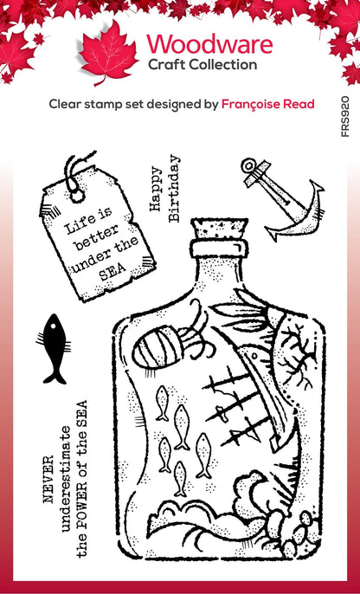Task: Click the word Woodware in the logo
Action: [209, 44]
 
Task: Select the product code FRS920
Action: [345, 116]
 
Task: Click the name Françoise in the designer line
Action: [253, 104]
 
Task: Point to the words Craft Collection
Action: [202, 65]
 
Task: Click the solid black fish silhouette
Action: [55, 348]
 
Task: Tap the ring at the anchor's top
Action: [249, 165]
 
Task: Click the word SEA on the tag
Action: [112, 271]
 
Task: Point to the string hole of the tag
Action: [78, 195]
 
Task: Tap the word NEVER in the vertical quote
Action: [48, 479]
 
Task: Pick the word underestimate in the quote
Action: [65, 479]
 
